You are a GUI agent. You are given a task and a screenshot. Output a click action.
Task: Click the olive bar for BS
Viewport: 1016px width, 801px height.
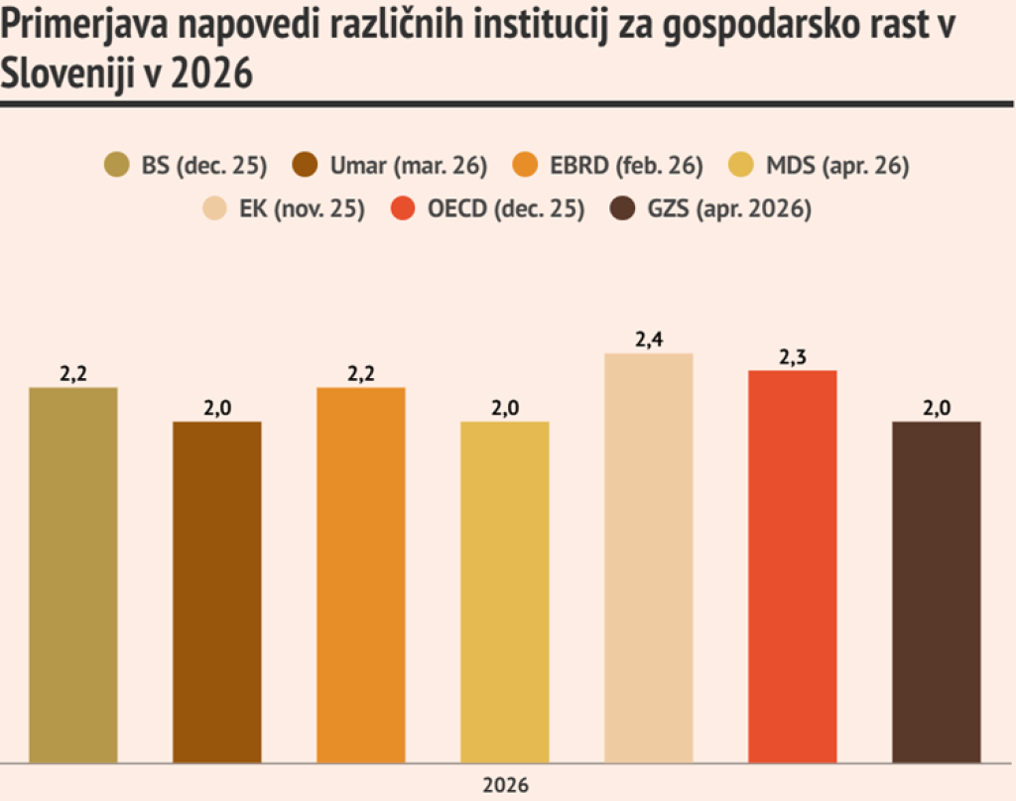[73, 575]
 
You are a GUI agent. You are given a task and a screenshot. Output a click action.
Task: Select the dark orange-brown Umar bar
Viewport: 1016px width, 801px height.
[217, 592]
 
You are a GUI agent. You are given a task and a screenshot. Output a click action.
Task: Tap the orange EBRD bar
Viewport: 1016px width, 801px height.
[361, 575]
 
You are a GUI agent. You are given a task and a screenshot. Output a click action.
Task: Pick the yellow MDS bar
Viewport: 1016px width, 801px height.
[504, 592]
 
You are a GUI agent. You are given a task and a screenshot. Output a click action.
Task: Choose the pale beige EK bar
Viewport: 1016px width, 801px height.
[648, 558]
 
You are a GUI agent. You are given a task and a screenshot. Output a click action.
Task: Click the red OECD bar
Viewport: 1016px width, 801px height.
[792, 566]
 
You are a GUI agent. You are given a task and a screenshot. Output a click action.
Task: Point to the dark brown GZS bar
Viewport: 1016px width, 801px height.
[936, 592]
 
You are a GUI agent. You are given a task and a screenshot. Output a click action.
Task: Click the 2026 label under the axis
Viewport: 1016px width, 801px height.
[506, 784]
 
